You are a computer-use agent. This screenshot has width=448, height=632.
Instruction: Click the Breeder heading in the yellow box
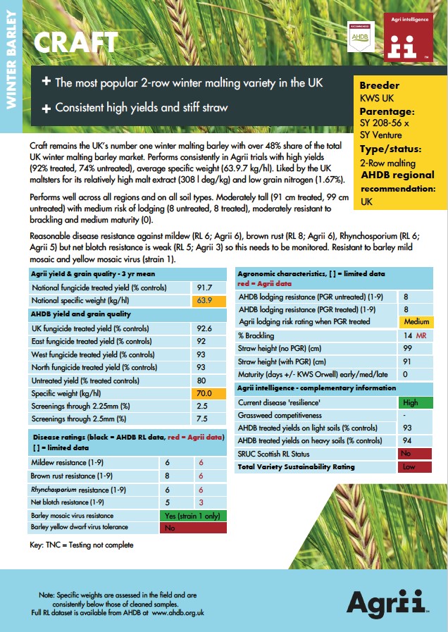pos(380,86)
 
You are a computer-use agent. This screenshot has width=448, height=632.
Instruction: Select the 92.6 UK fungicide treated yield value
pos(205,328)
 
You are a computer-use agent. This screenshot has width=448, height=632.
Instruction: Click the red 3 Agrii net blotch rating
pos(201,502)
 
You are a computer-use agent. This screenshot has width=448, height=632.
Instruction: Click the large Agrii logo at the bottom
pos(387,602)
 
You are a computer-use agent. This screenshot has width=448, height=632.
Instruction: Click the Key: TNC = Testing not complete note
pos(81,545)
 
